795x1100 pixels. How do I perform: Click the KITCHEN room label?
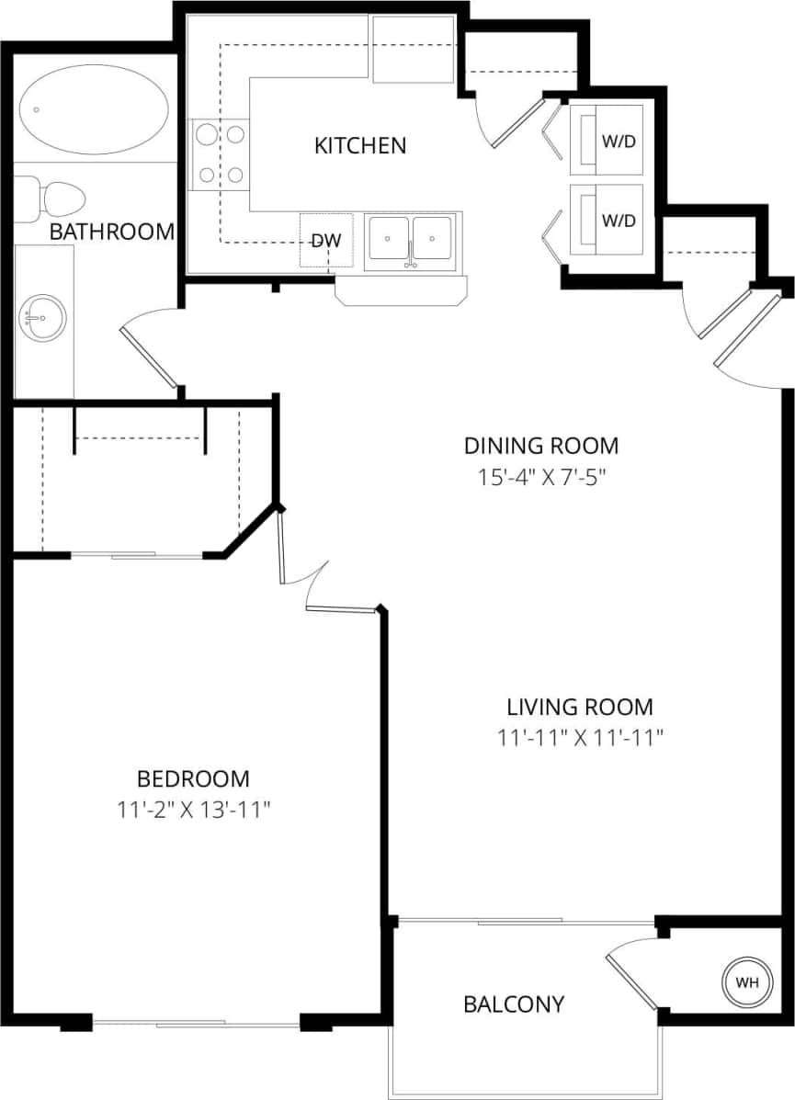point(360,145)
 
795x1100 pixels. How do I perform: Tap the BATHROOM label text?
point(111,232)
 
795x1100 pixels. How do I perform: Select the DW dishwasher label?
point(326,242)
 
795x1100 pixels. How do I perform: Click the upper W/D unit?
point(606,141)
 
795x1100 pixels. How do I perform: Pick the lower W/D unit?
point(606,221)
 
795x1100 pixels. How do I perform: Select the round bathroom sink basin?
point(42,318)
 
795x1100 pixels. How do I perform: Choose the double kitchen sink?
point(410,239)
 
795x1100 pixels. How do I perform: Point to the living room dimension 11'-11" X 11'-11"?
point(580,738)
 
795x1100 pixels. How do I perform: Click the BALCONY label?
point(514,1004)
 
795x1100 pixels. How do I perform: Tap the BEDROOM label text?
point(193,779)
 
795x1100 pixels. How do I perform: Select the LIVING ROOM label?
point(580,707)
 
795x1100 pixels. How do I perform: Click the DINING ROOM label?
point(540,446)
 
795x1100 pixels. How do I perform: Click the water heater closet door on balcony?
point(632,980)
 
